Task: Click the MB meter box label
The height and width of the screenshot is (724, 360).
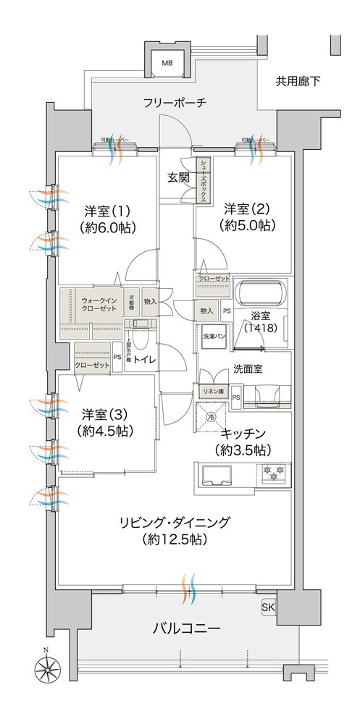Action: pyautogui.click(x=167, y=64)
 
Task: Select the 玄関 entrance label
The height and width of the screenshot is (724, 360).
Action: pyautogui.click(x=179, y=176)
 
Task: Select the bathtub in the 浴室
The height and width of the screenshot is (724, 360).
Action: pyautogui.click(x=261, y=294)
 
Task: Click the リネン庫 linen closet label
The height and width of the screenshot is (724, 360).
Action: pyautogui.click(x=212, y=392)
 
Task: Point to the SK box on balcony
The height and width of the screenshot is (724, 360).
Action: pyautogui.click(x=267, y=606)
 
